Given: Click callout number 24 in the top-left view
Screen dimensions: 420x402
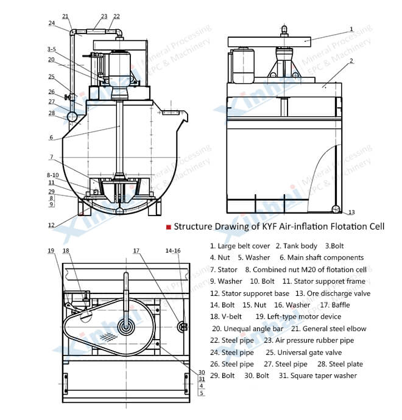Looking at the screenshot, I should (x=52, y=23).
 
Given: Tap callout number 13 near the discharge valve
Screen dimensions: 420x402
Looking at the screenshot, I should (x=351, y=212).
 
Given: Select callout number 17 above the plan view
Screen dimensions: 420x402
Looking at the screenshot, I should (x=136, y=251).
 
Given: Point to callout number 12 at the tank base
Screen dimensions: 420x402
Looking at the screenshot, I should (x=52, y=225).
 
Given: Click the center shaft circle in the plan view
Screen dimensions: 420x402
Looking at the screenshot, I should (x=126, y=326).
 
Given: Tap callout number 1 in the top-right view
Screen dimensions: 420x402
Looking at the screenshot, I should (x=351, y=29).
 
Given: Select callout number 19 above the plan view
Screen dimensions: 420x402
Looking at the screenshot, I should (x=51, y=251).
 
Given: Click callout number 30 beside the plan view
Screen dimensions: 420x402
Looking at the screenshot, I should (x=202, y=373).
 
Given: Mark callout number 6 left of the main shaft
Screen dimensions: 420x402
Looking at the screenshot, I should (x=51, y=138).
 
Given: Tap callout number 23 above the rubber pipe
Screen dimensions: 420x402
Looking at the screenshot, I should (x=104, y=16).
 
